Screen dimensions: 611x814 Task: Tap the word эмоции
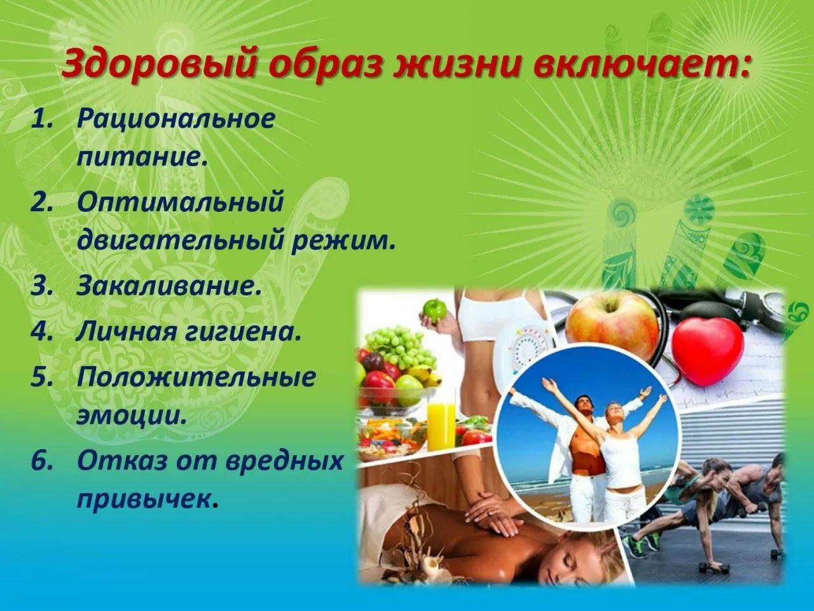click(x=132, y=416)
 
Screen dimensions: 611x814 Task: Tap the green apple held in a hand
click(x=436, y=310)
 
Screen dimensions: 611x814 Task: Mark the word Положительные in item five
click(x=197, y=377)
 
